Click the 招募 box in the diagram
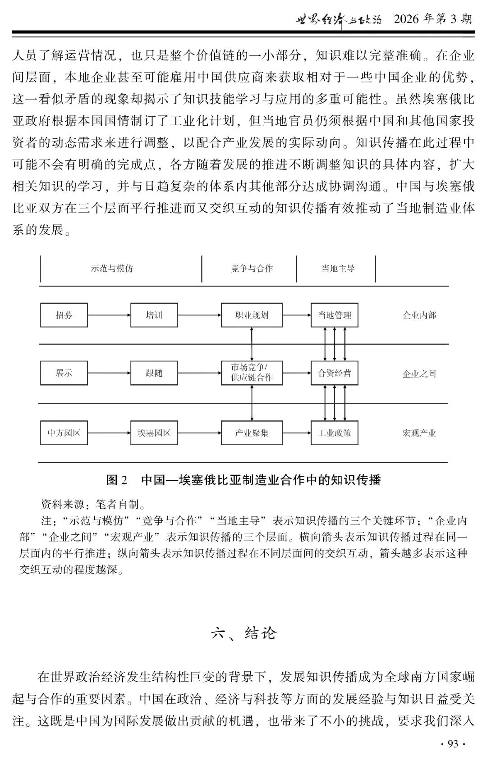64,315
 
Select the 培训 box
154,315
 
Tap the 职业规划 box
252,315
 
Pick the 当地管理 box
334,315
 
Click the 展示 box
64,373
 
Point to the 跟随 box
154,373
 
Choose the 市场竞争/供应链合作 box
252,373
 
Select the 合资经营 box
334,373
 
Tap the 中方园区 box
64,433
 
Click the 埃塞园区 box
154,433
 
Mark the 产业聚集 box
252,433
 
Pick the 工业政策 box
334,433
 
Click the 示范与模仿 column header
112,269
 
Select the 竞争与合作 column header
252,269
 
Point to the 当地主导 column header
338,269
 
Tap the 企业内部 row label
419,315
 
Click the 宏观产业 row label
419,433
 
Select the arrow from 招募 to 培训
109,315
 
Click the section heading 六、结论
243,633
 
